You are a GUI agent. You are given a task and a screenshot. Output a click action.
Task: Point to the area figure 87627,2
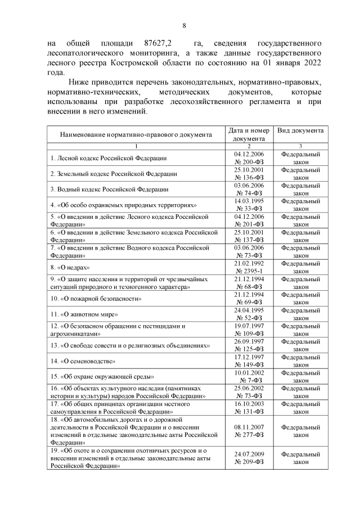point(158,43)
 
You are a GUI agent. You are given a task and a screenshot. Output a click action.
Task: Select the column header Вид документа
point(300,130)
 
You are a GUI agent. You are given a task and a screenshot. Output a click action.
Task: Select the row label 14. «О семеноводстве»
point(83,361)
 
